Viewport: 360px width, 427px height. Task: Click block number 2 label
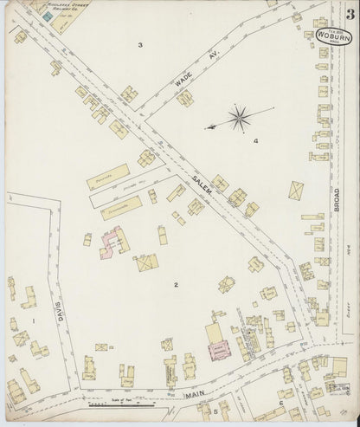pyautogui.click(x=175, y=284)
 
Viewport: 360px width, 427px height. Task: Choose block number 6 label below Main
pyautogui.click(x=281, y=403)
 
